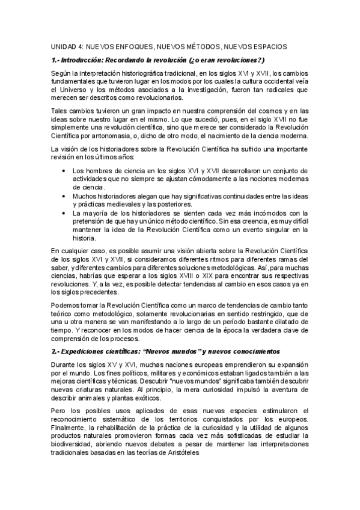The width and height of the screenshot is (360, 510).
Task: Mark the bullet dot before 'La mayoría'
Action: pyautogui.click(x=65, y=213)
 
